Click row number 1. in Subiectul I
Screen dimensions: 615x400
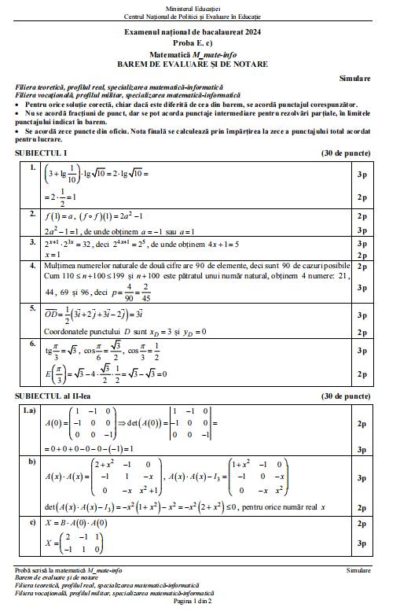tap(32, 168)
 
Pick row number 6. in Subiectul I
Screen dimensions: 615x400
tap(32, 344)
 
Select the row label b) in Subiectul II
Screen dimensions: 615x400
tap(32, 462)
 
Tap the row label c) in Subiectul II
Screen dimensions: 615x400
tap(32, 521)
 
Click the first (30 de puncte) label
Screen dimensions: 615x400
tap(346, 153)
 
